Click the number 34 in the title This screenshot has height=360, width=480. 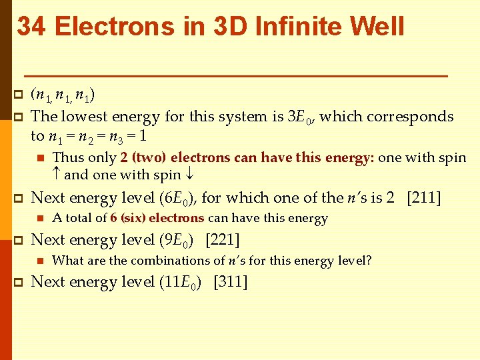32,27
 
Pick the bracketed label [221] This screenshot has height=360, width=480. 223,239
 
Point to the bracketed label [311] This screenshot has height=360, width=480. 230,282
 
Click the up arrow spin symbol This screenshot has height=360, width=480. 57,175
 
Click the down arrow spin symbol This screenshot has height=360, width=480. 190,175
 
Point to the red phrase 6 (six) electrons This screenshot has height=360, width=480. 157,218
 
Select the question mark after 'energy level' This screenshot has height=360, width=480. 369,261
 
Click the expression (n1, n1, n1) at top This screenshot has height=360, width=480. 62,95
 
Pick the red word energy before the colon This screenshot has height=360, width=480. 351,158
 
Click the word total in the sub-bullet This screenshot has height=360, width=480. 80,218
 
